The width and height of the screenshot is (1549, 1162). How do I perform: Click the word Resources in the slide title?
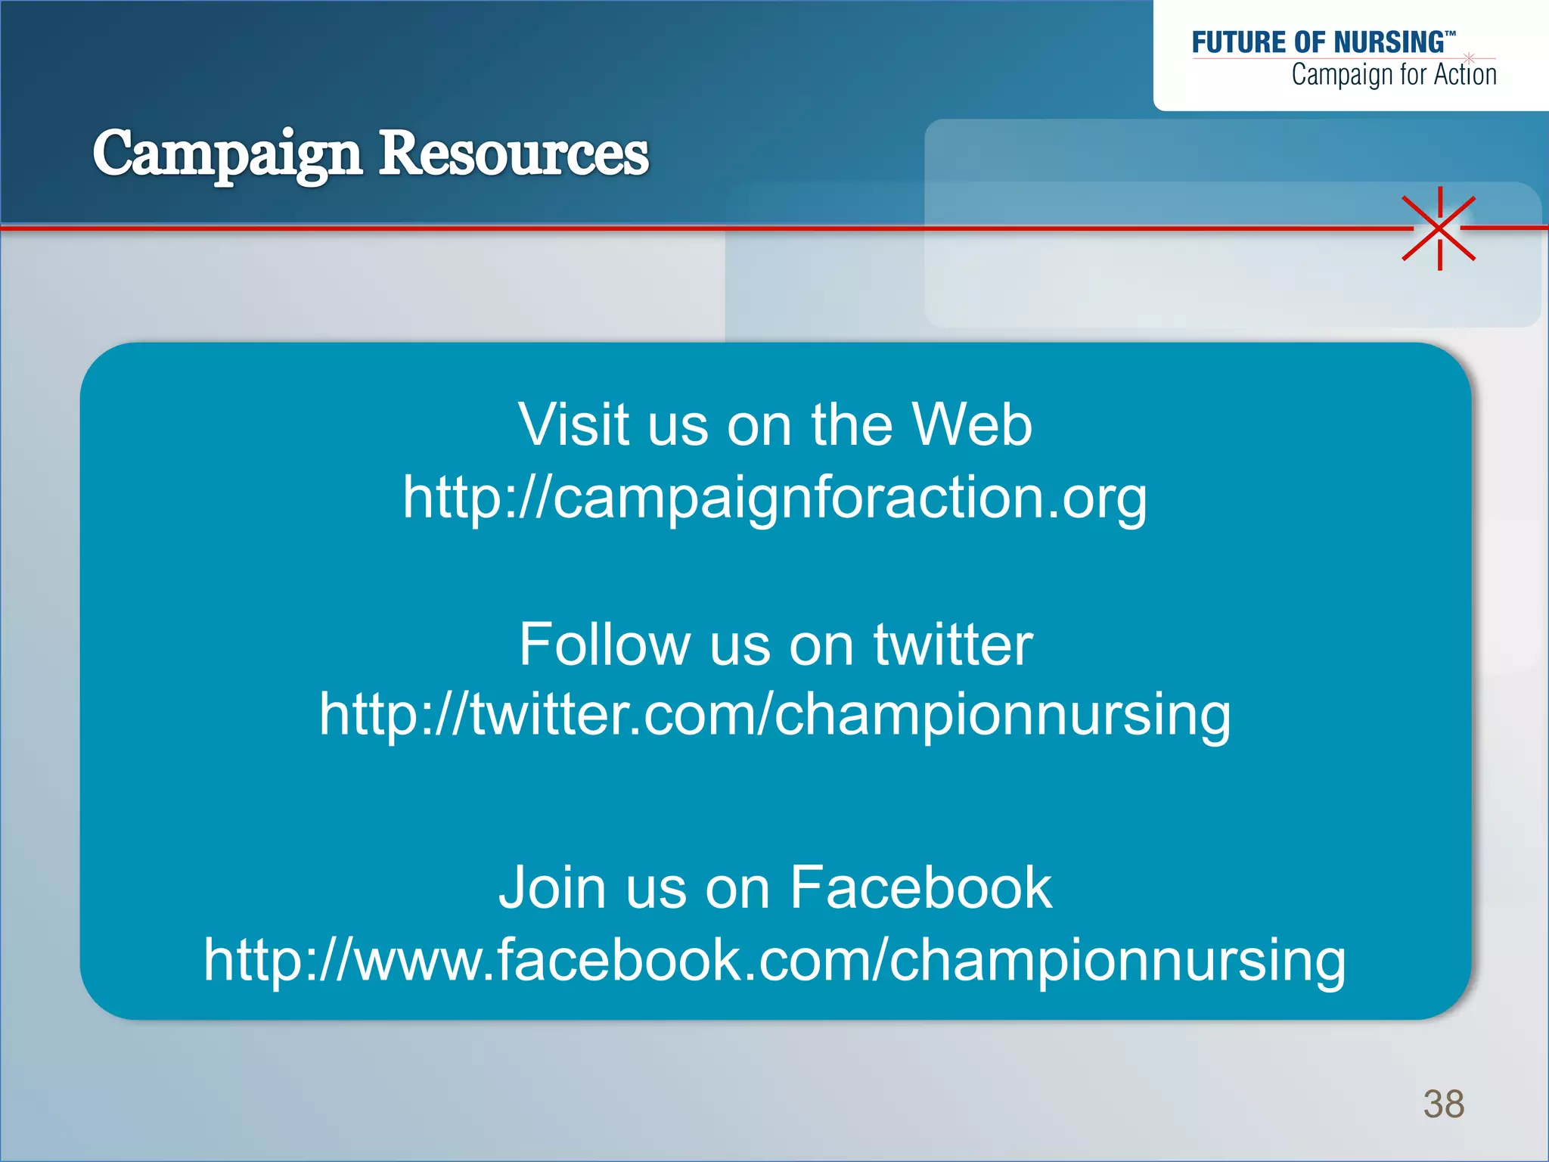pyautogui.click(x=514, y=154)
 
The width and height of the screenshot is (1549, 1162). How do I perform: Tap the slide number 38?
pyautogui.click(x=1443, y=1105)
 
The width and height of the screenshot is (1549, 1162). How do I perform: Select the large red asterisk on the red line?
pyautogui.click(x=1439, y=228)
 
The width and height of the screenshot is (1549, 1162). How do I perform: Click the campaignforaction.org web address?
pyautogui.click(x=774, y=498)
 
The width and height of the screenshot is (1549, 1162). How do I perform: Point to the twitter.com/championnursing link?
pyautogui.click(x=774, y=714)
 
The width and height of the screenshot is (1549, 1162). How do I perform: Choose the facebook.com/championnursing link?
pyautogui.click(x=774, y=959)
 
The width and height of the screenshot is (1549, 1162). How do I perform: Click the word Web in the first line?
pyautogui.click(x=972, y=424)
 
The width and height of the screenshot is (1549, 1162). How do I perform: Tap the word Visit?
pyautogui.click(x=574, y=424)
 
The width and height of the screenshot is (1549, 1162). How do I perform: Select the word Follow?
pyautogui.click(x=603, y=645)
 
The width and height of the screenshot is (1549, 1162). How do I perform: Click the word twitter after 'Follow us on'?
pyautogui.click(x=953, y=645)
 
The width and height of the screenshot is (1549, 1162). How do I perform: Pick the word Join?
pyautogui.click(x=552, y=887)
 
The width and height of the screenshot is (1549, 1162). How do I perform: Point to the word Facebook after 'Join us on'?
pyautogui.click(x=920, y=887)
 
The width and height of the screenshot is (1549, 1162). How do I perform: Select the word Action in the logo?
pyautogui.click(x=1465, y=75)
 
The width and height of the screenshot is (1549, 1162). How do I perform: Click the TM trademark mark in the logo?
pyautogui.click(x=1450, y=34)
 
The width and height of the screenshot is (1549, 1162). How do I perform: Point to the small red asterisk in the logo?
pyautogui.click(x=1469, y=57)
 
